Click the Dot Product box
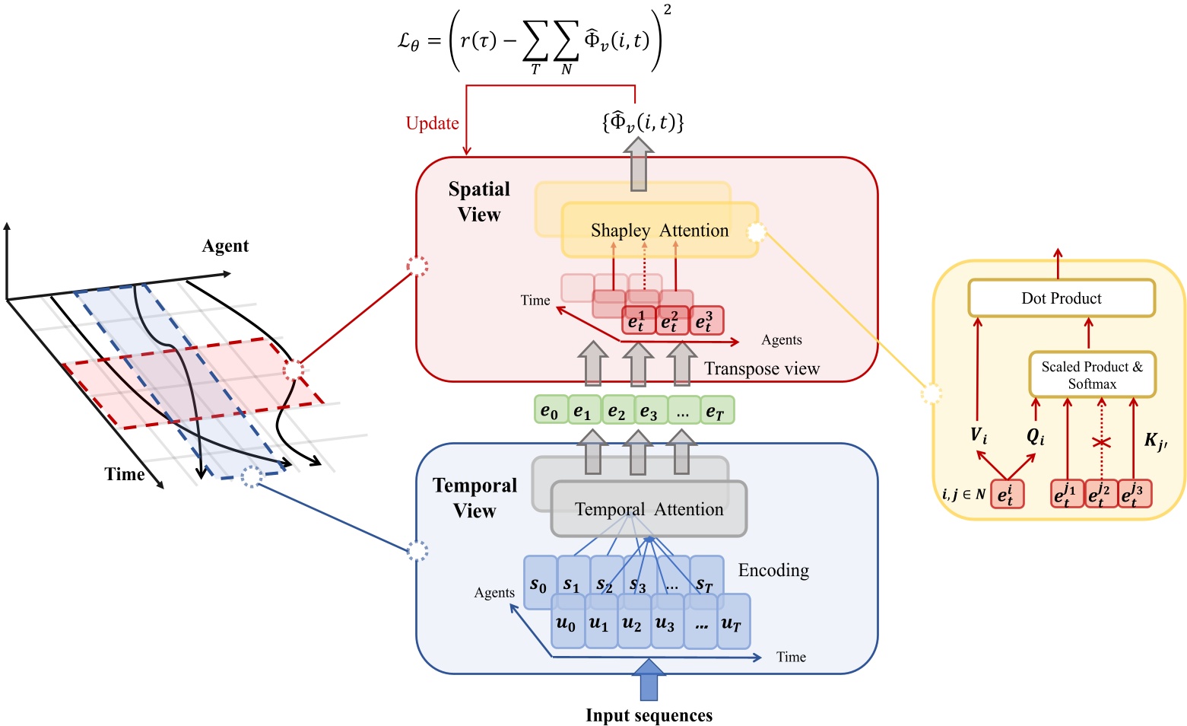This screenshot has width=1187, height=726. tap(1061, 298)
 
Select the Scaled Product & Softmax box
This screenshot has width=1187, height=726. tap(1092, 374)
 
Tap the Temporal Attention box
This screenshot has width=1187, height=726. tap(649, 509)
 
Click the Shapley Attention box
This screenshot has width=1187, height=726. tap(659, 231)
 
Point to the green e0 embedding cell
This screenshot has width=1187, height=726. tap(550, 411)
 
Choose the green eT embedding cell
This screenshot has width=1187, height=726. tap(716, 411)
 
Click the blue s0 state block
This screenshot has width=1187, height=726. tap(538, 584)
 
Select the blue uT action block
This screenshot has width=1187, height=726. tap(732, 623)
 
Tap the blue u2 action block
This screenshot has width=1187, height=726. tap(633, 623)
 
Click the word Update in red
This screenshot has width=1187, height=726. tap(432, 123)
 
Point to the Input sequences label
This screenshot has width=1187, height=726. tap(649, 715)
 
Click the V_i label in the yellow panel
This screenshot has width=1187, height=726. tap(979, 436)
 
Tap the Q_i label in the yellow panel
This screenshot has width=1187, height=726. tap(1036, 436)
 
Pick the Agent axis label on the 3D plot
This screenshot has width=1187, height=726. tap(225, 246)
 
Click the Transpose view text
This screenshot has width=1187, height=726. tap(761, 369)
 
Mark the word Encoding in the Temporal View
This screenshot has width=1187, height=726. tap(773, 570)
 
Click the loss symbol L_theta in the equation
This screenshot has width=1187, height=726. tap(408, 41)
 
